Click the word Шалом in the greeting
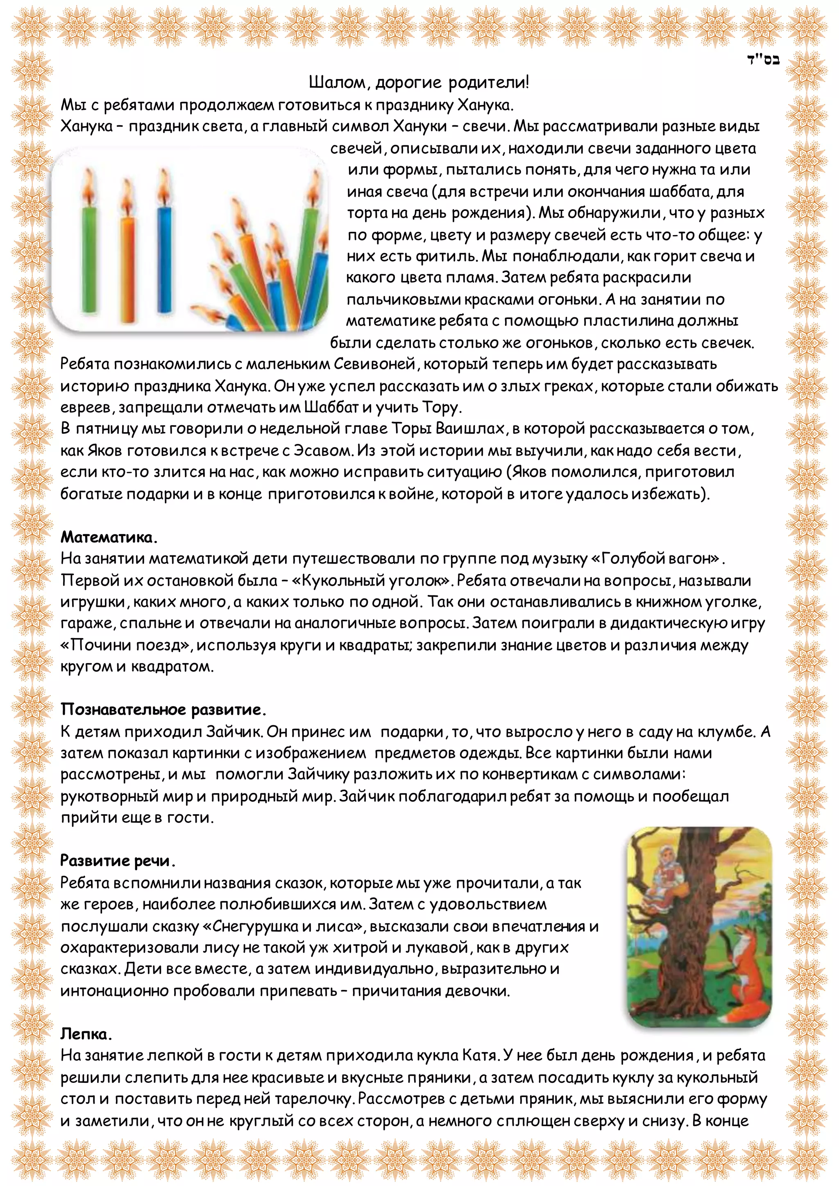338,83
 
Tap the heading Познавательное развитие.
163,710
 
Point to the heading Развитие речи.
117,860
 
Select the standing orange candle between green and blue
127,263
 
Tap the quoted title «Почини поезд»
127,645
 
